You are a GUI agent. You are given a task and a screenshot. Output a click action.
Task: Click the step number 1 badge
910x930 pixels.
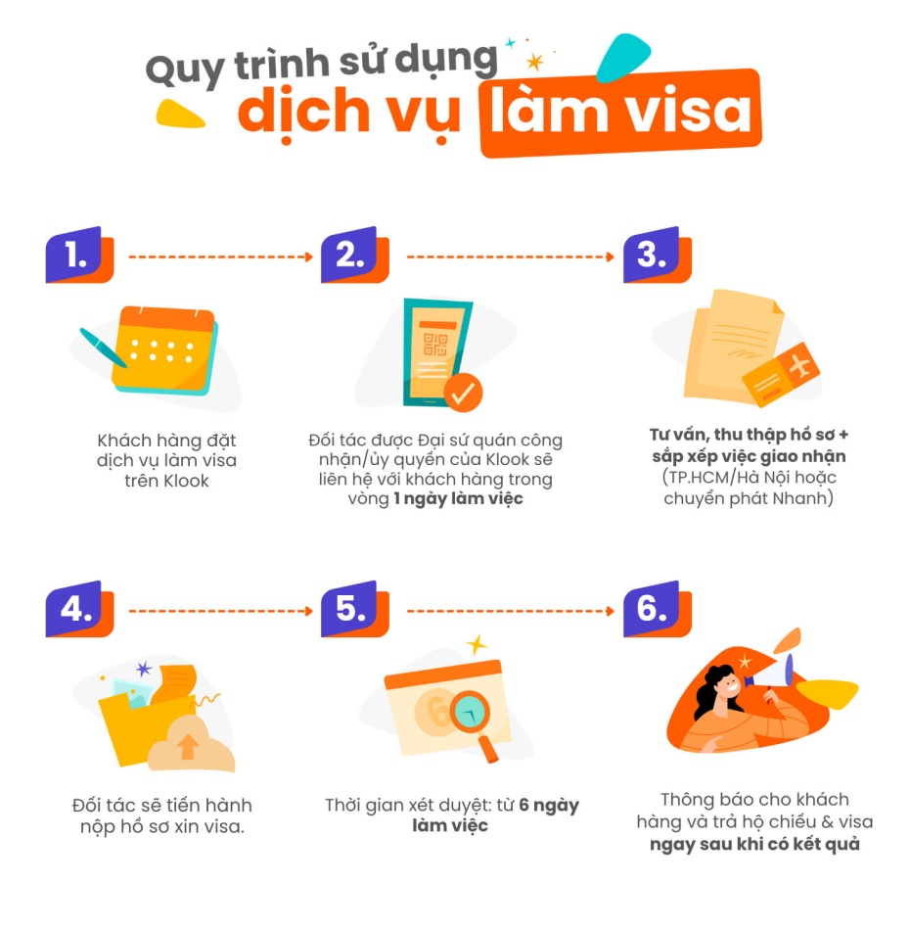[x=79, y=256]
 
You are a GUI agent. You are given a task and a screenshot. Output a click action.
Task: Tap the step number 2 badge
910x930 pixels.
[x=354, y=256]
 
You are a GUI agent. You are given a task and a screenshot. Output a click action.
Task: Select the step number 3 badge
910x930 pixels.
[x=657, y=256]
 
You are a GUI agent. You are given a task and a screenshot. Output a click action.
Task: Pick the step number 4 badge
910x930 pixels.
[x=79, y=609]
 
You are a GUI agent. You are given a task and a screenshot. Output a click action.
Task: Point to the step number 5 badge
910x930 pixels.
[x=354, y=609]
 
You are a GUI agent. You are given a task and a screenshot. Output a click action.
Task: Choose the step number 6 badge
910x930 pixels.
[x=657, y=609]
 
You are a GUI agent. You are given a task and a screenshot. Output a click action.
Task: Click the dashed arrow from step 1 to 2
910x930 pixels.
[x=220, y=256]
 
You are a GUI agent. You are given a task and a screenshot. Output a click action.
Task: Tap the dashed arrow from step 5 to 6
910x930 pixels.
[x=511, y=611]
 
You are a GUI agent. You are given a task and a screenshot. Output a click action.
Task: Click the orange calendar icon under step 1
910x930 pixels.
[x=164, y=349]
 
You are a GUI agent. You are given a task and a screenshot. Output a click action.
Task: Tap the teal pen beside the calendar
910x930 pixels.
[x=103, y=348]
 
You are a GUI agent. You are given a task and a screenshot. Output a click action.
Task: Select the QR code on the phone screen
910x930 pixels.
[x=435, y=344]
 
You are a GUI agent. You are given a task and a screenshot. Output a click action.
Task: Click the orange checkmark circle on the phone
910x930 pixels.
[x=463, y=392]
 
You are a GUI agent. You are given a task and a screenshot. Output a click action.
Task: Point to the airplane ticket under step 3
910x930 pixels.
[x=781, y=374]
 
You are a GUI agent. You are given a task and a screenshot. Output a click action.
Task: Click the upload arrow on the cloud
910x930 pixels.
[x=188, y=746]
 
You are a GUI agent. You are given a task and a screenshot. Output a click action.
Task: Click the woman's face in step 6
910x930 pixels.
[x=727, y=688]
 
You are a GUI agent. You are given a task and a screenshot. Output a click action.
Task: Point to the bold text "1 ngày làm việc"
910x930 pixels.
[x=458, y=499]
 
